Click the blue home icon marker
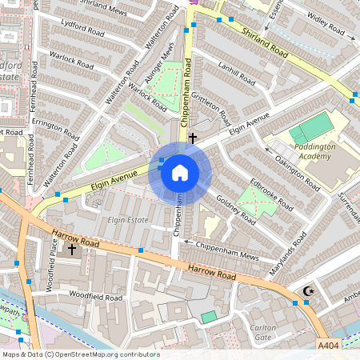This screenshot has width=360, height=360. pos(180,173)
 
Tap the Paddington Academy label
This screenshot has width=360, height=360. pos(309,151)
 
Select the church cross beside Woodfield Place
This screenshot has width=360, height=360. pos(72,250)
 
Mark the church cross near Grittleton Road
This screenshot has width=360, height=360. pos(192,138)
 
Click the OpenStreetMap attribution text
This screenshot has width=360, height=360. pos(81,354)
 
